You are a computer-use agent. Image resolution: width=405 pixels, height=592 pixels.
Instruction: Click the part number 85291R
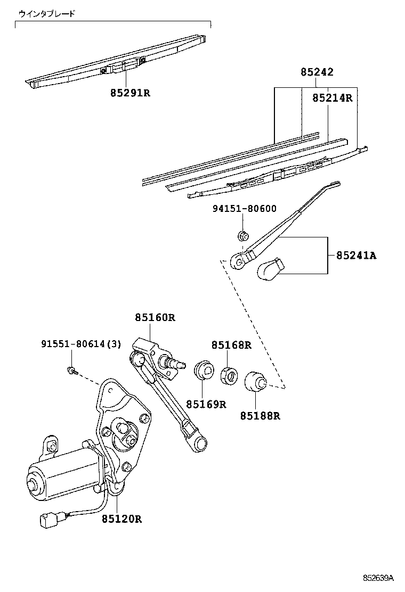tap(130, 93)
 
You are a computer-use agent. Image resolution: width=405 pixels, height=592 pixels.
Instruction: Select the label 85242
tap(317, 72)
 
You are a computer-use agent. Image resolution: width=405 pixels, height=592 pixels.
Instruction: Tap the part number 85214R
tap(333, 98)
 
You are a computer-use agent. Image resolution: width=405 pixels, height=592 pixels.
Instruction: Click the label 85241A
tap(356, 256)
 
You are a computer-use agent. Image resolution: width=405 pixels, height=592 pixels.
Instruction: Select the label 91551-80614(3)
tap(81, 344)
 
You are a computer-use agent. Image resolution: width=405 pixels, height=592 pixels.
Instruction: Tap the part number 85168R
tap(231, 345)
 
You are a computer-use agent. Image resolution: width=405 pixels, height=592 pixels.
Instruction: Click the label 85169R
tap(206, 405)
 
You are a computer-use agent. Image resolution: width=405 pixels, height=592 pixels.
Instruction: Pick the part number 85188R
tap(260, 416)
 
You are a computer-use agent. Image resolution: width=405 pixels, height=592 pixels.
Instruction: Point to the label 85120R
tap(122, 519)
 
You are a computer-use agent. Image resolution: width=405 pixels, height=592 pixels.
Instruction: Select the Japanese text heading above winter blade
tap(47, 14)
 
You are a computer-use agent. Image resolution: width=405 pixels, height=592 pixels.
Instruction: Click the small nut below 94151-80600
tap(242, 235)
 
